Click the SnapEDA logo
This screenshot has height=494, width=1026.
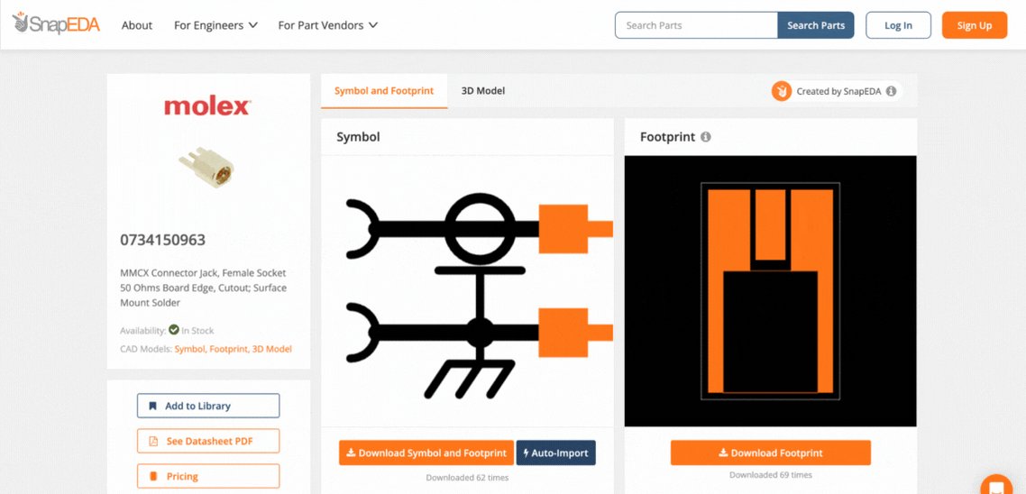click(x=56, y=23)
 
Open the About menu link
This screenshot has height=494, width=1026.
click(x=137, y=25)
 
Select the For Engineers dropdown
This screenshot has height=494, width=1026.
click(x=215, y=25)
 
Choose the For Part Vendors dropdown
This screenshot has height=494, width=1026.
click(x=328, y=25)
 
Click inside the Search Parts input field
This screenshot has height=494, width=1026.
click(x=696, y=25)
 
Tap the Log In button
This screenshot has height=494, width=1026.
click(x=898, y=25)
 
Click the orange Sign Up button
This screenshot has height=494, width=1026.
click(x=975, y=25)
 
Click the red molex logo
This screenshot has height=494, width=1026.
click(x=207, y=106)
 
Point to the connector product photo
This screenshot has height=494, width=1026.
click(x=206, y=167)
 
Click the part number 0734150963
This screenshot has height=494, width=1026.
click(x=162, y=240)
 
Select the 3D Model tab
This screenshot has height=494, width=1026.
click(x=483, y=91)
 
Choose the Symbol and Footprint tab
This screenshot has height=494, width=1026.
click(x=384, y=91)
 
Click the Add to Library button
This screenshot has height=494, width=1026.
click(x=208, y=406)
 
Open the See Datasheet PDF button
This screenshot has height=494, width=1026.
click(x=208, y=441)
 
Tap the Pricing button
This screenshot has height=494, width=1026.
click(x=208, y=476)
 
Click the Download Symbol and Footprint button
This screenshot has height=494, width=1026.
click(x=426, y=453)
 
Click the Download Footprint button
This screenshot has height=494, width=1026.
click(x=770, y=453)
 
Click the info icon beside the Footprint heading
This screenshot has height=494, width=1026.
click(x=705, y=137)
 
